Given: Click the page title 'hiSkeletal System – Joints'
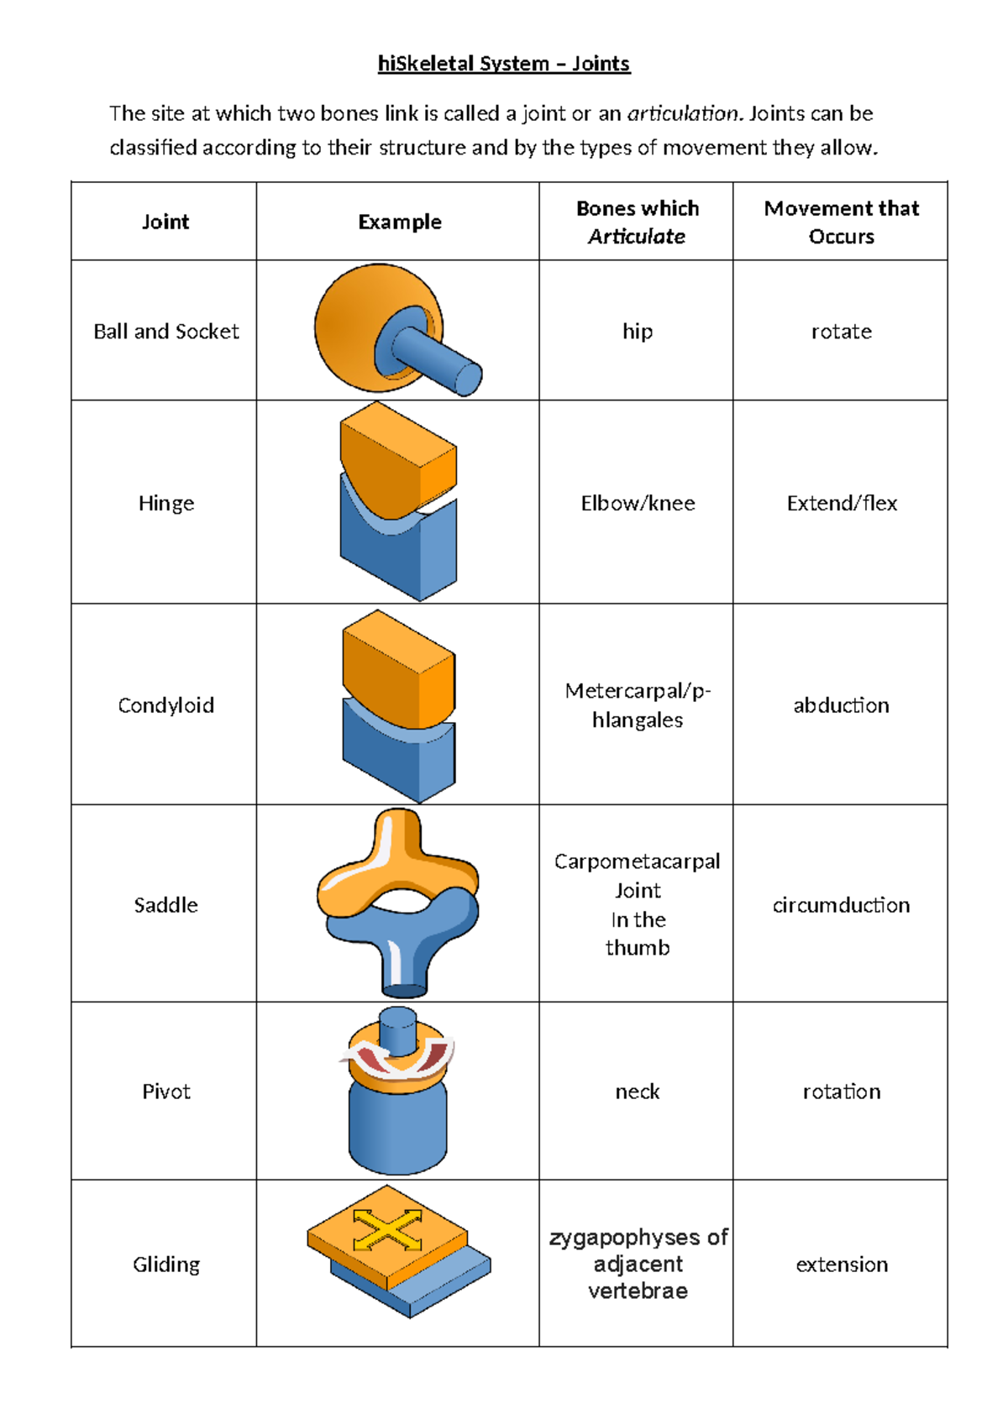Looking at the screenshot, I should point(504,64).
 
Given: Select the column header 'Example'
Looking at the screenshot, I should point(399,222).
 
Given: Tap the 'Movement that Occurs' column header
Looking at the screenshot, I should point(841,222).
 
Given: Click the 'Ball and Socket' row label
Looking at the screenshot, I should point(165,332).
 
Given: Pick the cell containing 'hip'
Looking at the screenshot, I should point(638,332).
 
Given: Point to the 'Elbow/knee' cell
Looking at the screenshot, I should point(638,503).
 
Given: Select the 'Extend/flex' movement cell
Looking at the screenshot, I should point(842,503).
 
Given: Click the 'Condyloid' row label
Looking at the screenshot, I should point(165,705).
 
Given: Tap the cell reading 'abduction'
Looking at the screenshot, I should point(841,705).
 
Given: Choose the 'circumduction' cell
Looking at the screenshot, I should point(841,905).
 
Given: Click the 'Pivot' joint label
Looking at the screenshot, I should point(165,1092).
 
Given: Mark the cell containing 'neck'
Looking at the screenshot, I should point(638,1092).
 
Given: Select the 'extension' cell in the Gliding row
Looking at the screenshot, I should point(842,1264).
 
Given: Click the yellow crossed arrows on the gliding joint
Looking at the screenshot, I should point(387,1229).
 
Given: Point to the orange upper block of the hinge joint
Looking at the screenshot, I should point(395,458).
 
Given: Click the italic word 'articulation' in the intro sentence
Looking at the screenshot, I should point(684,113).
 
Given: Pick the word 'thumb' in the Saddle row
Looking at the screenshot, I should point(638,948).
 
